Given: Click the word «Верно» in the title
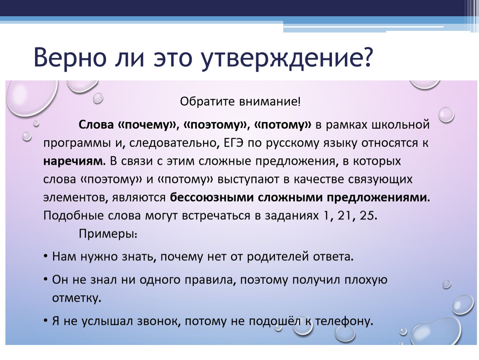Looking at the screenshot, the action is pyautogui.click(x=70, y=57).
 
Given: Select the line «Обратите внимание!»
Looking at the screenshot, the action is pyautogui.click(x=240, y=102).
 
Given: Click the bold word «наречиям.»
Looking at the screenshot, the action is pyautogui.click(x=74, y=162).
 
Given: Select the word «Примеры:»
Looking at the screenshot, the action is pyautogui.click(x=108, y=234).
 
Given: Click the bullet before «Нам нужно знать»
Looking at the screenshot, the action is pyautogui.click(x=45, y=256).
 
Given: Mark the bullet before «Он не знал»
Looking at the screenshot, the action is pyautogui.click(x=45, y=279).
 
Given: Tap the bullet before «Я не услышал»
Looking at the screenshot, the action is pyautogui.click(x=45, y=320).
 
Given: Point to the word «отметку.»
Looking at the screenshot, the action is pyautogui.click(x=77, y=298).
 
